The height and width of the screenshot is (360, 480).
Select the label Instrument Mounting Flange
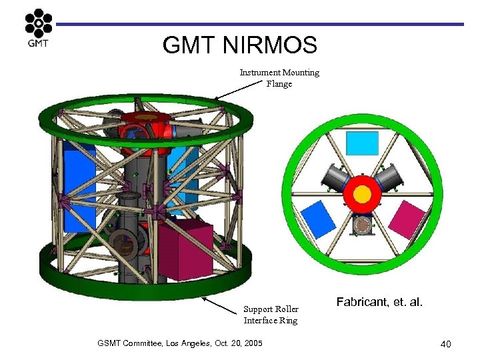coord(279,78)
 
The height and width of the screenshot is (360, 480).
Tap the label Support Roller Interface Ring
coord(271,315)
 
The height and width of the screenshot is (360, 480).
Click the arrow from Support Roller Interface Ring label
coord(219,304)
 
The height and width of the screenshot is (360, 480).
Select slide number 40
coord(445,344)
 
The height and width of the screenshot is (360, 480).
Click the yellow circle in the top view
coord(362,193)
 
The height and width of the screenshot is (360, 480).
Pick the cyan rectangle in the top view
coord(362,143)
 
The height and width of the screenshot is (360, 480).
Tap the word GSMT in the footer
coord(110,343)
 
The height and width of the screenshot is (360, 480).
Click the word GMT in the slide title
coord(189,45)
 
